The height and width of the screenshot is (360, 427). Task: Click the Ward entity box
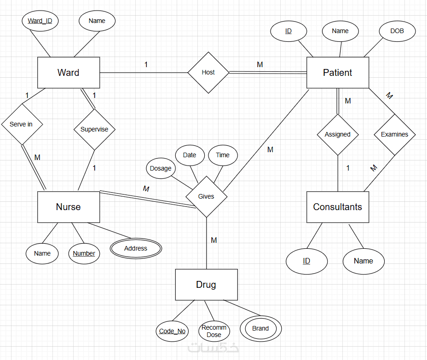68,73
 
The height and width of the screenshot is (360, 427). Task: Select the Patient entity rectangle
337,73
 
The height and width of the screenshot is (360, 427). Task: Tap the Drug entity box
206,285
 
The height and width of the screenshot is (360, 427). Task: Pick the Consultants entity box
337,207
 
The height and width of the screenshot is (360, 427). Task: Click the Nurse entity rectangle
68,207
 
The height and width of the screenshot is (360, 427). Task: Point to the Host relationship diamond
208,72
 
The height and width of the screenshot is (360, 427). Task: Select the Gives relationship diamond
206,196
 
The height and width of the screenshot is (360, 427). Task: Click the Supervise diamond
94,129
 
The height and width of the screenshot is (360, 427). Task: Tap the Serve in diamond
21,124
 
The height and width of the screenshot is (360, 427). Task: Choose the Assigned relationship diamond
337,134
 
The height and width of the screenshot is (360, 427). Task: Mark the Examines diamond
394,134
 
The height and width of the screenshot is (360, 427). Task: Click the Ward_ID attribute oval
40,21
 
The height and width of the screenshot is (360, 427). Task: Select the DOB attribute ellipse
397,31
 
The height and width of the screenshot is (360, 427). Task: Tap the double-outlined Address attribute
136,248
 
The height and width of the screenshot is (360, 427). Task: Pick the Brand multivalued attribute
260,328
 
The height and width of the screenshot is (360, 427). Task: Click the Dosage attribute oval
161,168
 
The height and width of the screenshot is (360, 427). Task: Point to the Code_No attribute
172,331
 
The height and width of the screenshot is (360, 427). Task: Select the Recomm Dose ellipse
214,331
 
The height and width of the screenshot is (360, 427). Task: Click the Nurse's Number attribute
84,253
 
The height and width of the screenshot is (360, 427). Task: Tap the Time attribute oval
223,155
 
